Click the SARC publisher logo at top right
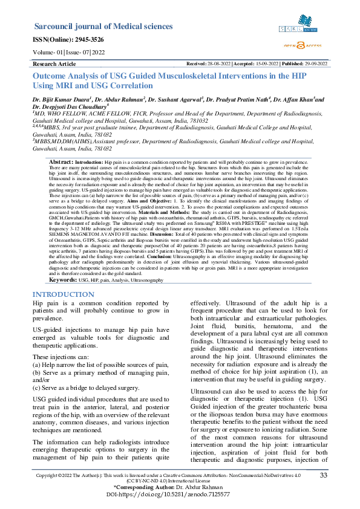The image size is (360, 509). tap(298, 28)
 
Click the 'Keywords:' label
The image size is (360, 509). tap(62, 280)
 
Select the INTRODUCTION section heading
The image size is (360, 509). tap(64, 294)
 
